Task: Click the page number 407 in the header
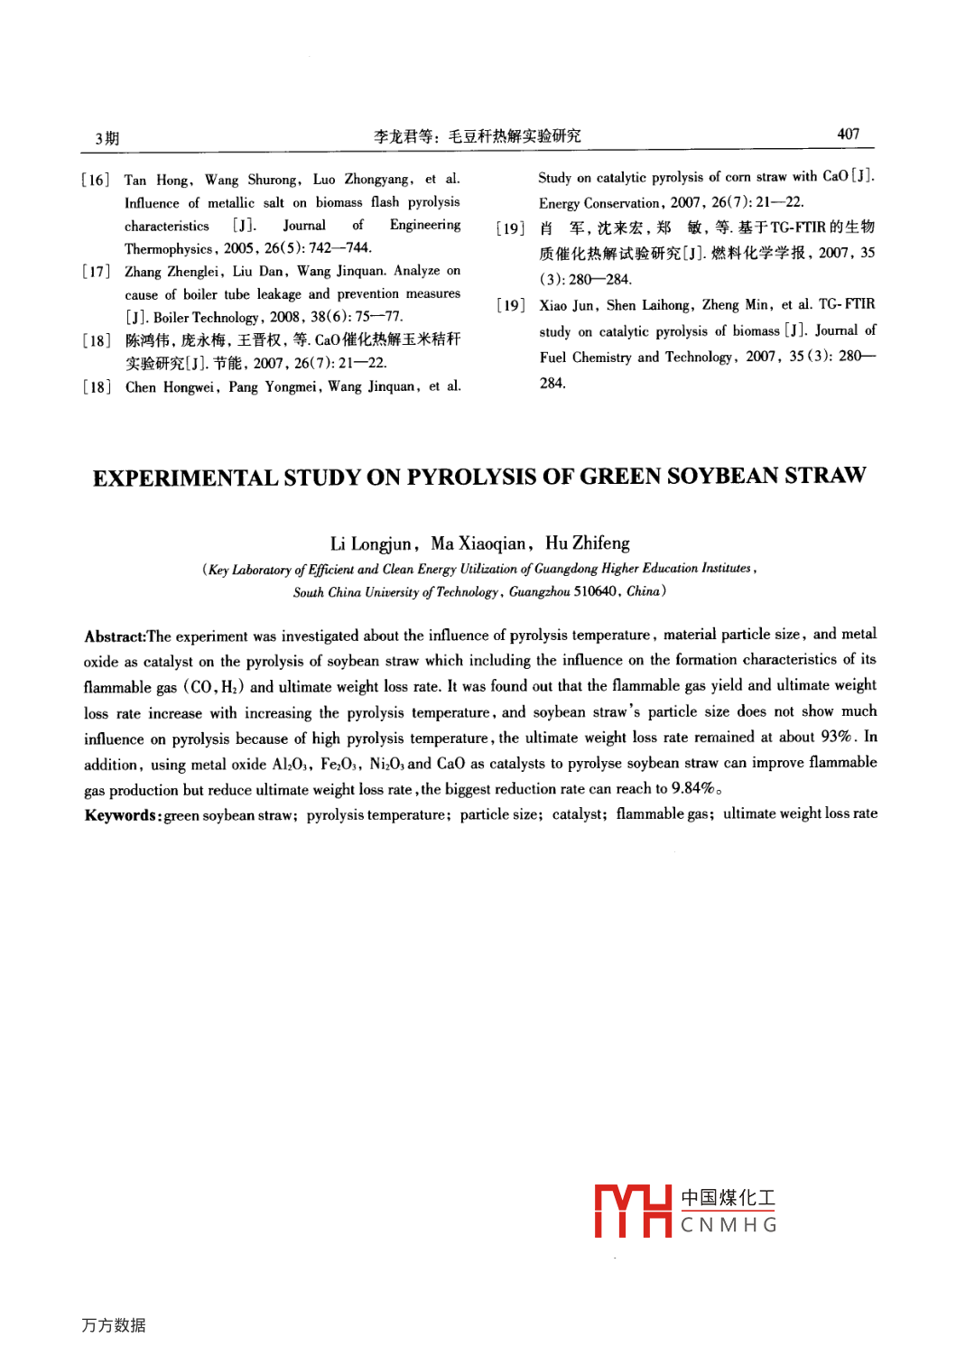coord(848,134)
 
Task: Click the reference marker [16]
coord(95,180)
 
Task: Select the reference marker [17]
coord(95,271)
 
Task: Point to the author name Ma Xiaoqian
coord(478,543)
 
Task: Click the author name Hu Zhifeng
coord(587,543)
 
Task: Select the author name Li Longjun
coord(371,543)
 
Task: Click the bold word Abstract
coord(115,636)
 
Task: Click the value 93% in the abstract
coord(837,737)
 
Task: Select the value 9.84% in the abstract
coord(692,788)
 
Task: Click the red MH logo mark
coord(633,1211)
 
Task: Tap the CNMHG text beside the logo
coord(729,1225)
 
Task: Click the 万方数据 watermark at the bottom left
coord(114,1324)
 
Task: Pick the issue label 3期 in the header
coord(107,138)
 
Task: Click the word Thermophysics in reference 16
coord(169,248)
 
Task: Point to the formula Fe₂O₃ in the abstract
coord(340,764)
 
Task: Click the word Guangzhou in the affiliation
coord(539,592)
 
